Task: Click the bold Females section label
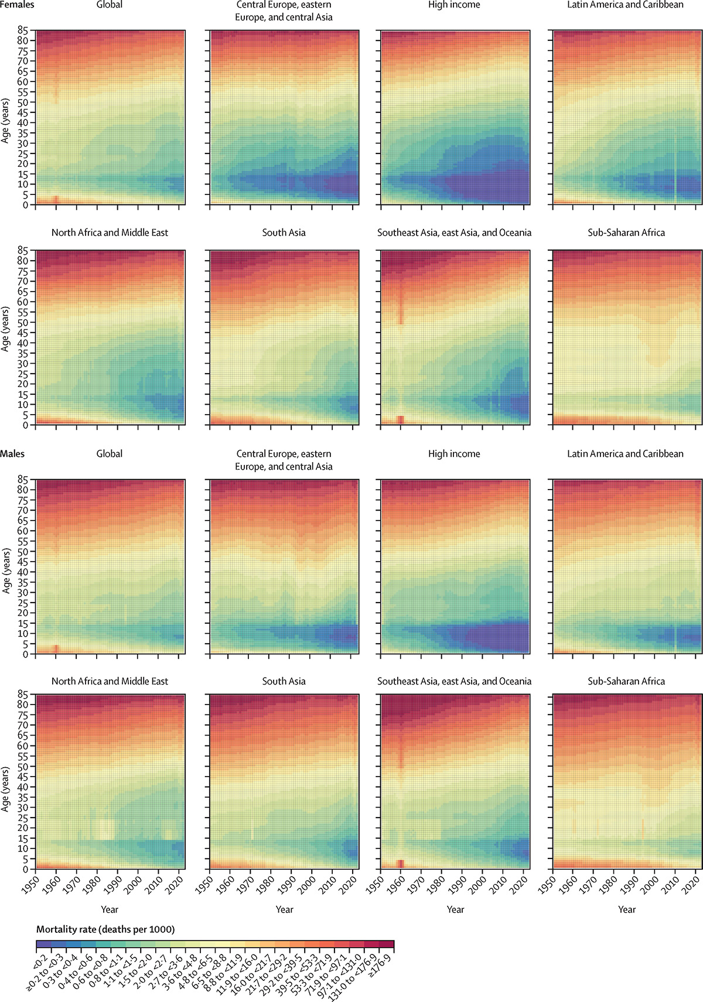[17, 5]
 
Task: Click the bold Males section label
[12, 454]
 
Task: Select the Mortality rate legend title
[105, 929]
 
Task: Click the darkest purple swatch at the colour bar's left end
[43, 944]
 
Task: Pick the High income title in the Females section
[454, 5]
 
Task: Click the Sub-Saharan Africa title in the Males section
[626, 681]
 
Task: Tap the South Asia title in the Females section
[284, 232]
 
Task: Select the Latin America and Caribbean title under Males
[625, 454]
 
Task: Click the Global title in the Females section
[110, 5]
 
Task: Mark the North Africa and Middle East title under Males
[110, 681]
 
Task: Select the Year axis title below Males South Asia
[284, 909]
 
